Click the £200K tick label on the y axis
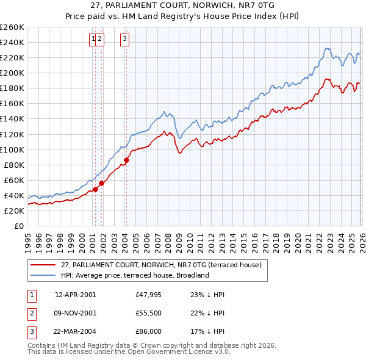[x=12, y=73]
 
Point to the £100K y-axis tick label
[x=12, y=149]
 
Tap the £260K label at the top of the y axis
[x=12, y=27]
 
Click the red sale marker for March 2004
[x=126, y=160]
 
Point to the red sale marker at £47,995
[x=95, y=189]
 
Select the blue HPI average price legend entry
[x=134, y=275]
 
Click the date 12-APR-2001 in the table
[x=75, y=294]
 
